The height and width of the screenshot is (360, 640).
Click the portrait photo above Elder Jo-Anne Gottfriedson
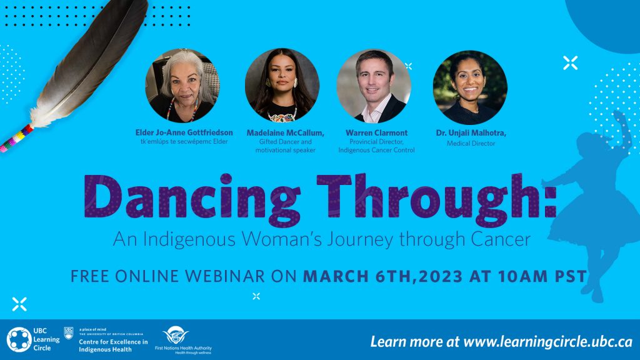click(x=182, y=86)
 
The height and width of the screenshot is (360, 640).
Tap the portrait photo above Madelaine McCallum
click(x=282, y=85)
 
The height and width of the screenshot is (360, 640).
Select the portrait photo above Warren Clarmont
click(x=374, y=86)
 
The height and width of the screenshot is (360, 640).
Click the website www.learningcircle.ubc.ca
click(x=547, y=342)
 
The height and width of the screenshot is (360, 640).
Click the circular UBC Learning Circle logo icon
click(x=19, y=339)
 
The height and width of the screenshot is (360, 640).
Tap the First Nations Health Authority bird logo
click(x=176, y=335)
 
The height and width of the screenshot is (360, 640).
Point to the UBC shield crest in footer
click(x=69, y=332)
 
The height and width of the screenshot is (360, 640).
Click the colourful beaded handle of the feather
click(x=16, y=139)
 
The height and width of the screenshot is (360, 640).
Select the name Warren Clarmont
click(x=376, y=132)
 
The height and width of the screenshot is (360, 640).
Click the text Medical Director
click(x=471, y=143)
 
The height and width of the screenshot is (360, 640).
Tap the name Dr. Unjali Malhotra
click(x=471, y=132)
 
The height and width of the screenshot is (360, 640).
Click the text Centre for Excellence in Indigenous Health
click(x=113, y=345)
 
